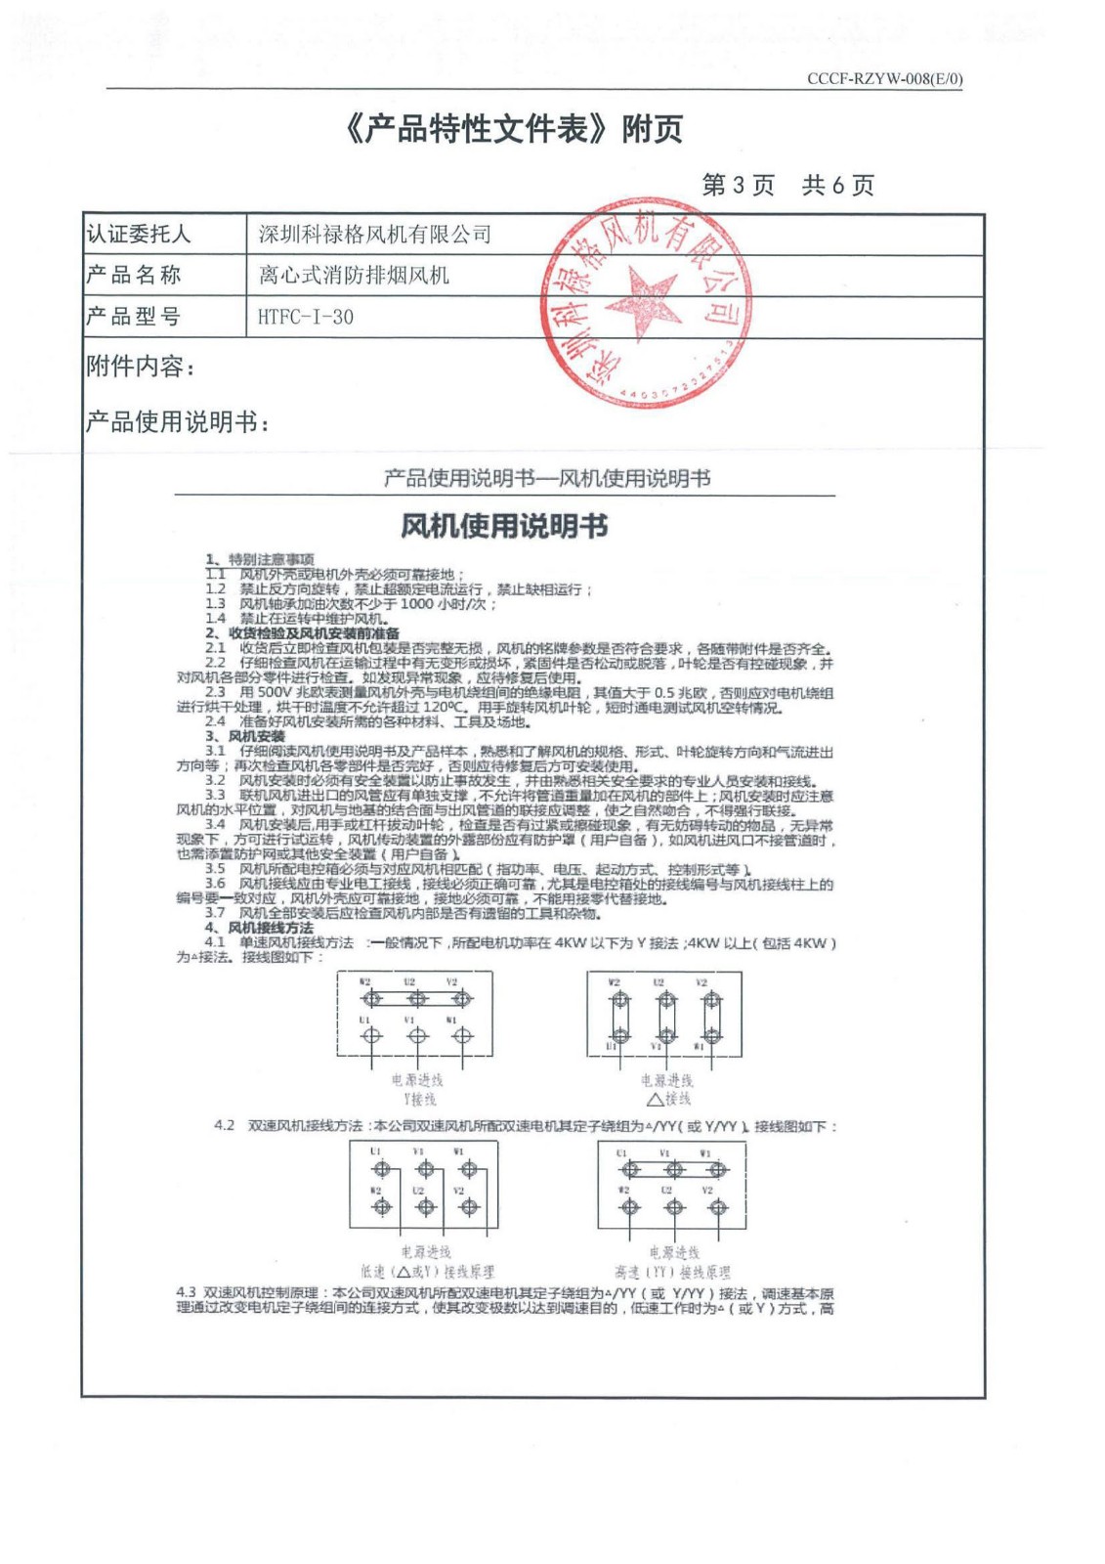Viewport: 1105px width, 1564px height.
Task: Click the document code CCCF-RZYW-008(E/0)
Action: (884, 79)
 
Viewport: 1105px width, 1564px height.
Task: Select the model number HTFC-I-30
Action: (306, 317)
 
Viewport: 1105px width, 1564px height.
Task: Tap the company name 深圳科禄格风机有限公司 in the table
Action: (374, 235)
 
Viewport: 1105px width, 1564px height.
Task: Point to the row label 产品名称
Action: (134, 276)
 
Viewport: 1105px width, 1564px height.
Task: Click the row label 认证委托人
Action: (139, 235)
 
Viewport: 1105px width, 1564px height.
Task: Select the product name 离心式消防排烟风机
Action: (354, 276)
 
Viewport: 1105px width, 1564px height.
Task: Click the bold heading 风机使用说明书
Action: (504, 527)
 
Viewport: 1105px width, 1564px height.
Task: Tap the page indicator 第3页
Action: (738, 185)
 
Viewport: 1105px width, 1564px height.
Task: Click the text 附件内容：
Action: (141, 367)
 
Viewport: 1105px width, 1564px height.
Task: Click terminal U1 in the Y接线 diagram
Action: (371, 1036)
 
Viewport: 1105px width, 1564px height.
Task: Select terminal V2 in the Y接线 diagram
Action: (462, 999)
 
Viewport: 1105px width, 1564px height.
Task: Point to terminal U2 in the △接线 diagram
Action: (666, 1000)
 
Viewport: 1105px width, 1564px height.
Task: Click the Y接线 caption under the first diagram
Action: (418, 1099)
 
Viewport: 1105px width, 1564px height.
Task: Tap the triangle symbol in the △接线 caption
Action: (655, 1099)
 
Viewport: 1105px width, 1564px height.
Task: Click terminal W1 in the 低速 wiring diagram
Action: (469, 1169)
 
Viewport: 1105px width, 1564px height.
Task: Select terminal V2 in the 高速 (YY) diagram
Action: (718, 1207)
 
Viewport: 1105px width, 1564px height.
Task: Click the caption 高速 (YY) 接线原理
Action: (672, 1272)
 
